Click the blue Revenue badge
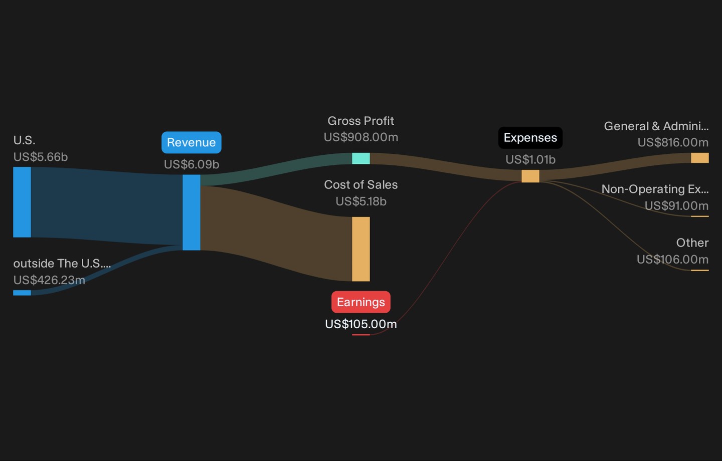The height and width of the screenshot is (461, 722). pyautogui.click(x=192, y=142)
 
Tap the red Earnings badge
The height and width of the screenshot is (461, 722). pyautogui.click(x=361, y=302)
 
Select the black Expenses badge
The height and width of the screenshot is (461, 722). pyautogui.click(x=530, y=138)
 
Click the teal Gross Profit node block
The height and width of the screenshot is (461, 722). pyautogui.click(x=361, y=158)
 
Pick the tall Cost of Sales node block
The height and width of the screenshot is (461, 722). pyautogui.click(x=361, y=249)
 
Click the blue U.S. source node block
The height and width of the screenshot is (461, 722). pyautogui.click(x=22, y=202)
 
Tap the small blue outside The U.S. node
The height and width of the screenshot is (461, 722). pyautogui.click(x=22, y=293)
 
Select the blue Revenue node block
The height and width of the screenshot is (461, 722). pyautogui.click(x=192, y=212)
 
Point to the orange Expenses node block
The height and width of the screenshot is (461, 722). pyautogui.click(x=530, y=176)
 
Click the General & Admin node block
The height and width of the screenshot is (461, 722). pyautogui.click(x=700, y=158)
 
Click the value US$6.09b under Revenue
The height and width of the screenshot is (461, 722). pyautogui.click(x=192, y=164)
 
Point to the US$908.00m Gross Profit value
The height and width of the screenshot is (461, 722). pyautogui.click(x=361, y=137)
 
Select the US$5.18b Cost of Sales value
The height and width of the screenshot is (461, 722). pyautogui.click(x=361, y=201)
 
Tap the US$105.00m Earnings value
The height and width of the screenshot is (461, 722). pyautogui.click(x=361, y=324)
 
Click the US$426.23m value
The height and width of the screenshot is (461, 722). pyautogui.click(x=49, y=280)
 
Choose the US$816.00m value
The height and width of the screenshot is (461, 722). pyautogui.click(x=673, y=142)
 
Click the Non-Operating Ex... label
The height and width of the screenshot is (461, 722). pyautogui.click(x=655, y=189)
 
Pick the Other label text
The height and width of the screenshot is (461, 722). pyautogui.click(x=692, y=243)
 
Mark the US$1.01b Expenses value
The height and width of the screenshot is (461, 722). pyautogui.click(x=530, y=159)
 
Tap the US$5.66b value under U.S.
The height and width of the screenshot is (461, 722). pyautogui.click(x=41, y=157)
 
